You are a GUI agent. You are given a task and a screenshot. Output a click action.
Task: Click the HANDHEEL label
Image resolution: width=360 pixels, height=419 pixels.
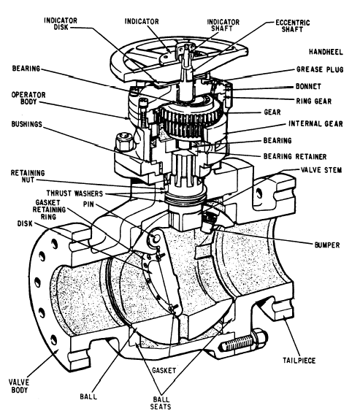tap(326, 52)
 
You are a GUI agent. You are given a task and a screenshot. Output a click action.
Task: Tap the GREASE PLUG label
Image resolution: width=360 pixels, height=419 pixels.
tap(320, 69)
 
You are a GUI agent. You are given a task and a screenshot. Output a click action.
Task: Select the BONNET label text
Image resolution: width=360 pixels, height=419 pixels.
tap(308, 86)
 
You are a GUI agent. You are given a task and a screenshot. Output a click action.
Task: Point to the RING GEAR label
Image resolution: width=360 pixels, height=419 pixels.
tap(314, 101)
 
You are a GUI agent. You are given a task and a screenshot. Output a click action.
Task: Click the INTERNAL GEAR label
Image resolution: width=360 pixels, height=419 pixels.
tap(315, 123)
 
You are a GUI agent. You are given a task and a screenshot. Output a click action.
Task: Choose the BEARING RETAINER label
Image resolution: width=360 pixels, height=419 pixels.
tap(295, 156)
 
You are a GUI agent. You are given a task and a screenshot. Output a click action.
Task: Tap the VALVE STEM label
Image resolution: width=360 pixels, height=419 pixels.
tap(321, 170)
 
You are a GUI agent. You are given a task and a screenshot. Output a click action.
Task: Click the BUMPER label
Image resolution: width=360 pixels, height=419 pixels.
tap(327, 245)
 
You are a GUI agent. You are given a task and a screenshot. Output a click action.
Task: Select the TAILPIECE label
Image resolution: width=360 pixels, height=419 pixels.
tap(299, 361)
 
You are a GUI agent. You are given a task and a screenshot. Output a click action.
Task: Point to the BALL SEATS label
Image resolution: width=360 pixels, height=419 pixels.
tap(161, 403)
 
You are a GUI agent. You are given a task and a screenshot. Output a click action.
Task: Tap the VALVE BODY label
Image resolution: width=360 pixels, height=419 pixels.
tap(19, 386)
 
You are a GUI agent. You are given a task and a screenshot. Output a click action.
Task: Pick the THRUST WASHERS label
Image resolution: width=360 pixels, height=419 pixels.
tap(74, 193)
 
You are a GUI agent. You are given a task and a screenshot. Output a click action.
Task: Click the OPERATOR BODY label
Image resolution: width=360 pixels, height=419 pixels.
tap(28, 98)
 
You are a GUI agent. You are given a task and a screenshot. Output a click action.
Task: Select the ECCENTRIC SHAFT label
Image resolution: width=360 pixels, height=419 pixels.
tap(293, 26)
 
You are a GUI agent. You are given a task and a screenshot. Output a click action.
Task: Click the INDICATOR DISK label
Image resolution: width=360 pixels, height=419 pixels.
tap(61, 24)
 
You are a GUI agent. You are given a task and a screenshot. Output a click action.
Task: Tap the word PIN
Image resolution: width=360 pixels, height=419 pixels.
tap(88, 204)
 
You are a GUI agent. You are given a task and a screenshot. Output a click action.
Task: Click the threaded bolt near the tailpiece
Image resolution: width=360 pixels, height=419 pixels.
tap(242, 342)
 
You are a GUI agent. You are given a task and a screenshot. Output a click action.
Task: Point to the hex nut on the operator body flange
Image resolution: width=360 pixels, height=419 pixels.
tap(124, 141)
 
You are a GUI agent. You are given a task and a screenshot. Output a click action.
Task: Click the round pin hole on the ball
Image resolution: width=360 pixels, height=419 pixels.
tap(155, 237)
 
